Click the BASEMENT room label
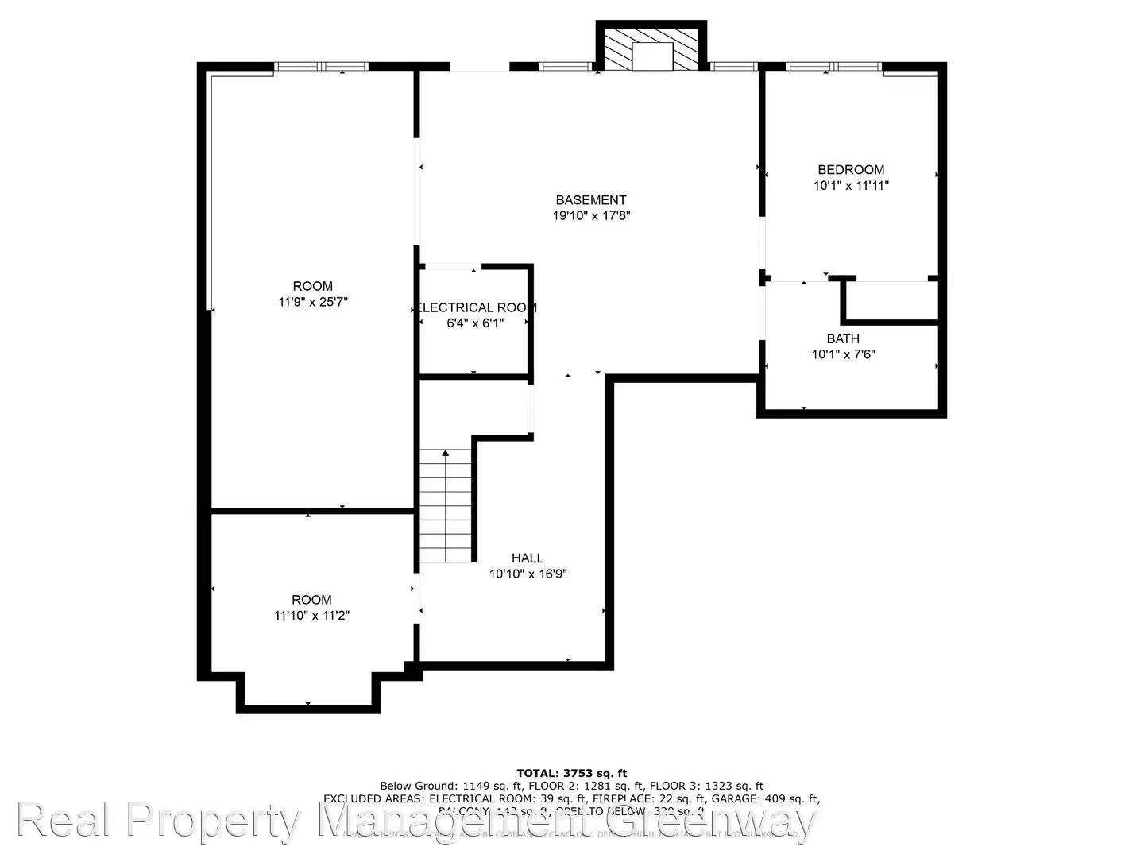590,200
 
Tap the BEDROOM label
851,169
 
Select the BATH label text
842,339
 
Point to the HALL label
528,558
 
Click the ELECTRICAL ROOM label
477,307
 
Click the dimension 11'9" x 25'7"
313,302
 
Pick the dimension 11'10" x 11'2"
311,615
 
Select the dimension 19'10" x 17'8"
591,215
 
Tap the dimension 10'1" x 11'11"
851,186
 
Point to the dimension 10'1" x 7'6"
843,354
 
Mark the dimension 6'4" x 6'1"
475,323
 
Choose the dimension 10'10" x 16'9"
528,574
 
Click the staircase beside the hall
446,508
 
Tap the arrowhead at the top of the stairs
446,454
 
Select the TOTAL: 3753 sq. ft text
571,772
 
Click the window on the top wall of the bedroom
833,67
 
